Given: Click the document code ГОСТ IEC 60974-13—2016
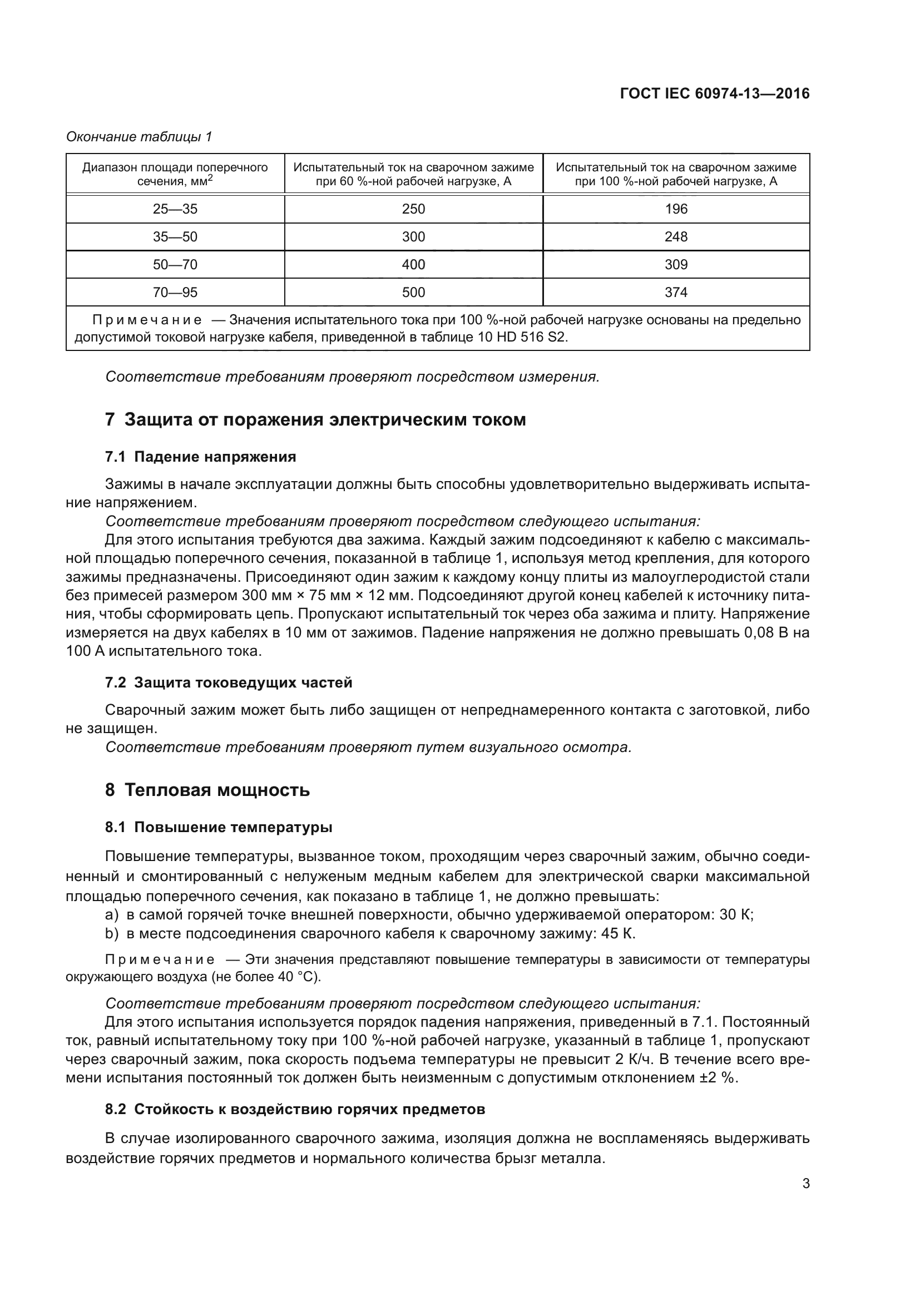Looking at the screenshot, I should [x=714, y=93].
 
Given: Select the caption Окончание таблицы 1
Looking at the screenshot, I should [x=139, y=137].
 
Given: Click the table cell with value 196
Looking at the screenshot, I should [x=676, y=209].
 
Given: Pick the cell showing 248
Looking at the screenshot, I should [x=676, y=237].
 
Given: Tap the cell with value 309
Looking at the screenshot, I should [x=676, y=265].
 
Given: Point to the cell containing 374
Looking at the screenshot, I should [x=676, y=293].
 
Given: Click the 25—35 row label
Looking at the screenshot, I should [x=175, y=209].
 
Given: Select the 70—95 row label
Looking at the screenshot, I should [x=175, y=293].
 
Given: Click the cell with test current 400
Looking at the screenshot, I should [x=413, y=265].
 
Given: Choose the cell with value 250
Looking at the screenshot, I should [x=413, y=209].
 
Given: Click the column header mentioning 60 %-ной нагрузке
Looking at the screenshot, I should [x=413, y=174].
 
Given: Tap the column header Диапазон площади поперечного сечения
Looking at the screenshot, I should [x=175, y=174].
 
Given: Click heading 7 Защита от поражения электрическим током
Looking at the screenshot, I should [x=315, y=420].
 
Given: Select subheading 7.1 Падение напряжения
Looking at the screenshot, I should [x=201, y=457].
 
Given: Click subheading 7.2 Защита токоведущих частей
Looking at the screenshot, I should [x=228, y=683].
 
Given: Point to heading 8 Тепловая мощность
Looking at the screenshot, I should [x=207, y=790].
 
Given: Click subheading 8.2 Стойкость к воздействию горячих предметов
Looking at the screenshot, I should [x=295, y=1110].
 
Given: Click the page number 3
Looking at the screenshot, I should [x=805, y=1184].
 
